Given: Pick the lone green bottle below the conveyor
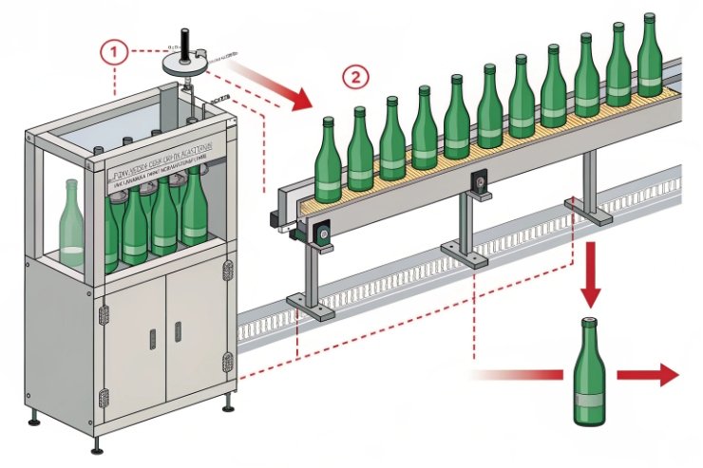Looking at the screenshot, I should tap(590, 371).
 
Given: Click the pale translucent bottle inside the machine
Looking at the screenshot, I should tap(71, 224).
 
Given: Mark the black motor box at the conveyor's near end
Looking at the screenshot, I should tap(323, 231).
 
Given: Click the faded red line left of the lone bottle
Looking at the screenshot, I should tap(518, 375).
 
